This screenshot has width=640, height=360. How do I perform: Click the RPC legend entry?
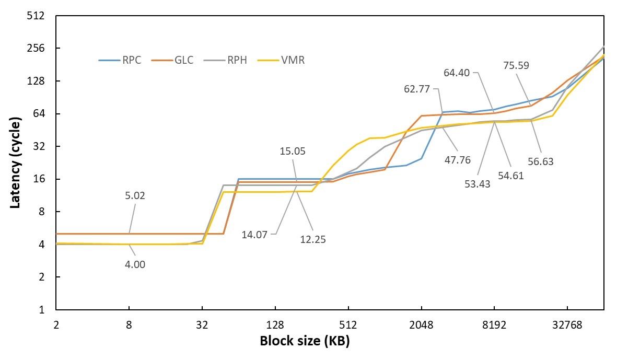tap(120, 60)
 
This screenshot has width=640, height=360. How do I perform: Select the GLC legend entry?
tap(173, 60)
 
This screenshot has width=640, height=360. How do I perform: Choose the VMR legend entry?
tap(281, 60)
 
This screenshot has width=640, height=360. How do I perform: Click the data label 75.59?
tap(516, 65)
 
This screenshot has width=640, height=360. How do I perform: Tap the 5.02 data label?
tap(135, 196)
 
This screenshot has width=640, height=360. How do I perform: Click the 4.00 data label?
tap(135, 264)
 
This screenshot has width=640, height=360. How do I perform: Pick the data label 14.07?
tap(254, 235)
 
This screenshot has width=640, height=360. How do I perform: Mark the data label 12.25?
tap(313, 239)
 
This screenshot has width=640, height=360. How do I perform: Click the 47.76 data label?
tap(458, 160)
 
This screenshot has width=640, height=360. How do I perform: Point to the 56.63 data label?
tap(540, 161)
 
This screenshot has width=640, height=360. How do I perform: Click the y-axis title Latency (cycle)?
tap(15, 162)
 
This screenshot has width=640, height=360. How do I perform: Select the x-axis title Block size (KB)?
tap(305, 341)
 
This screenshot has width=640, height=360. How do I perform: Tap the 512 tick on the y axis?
tap(35, 16)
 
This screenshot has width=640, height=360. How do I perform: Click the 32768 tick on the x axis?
tap(567, 324)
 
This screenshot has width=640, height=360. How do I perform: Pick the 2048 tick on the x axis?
tap(421, 324)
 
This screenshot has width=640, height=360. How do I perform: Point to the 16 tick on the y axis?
tap(39, 179)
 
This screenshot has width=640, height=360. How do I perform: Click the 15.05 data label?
tap(293, 152)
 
